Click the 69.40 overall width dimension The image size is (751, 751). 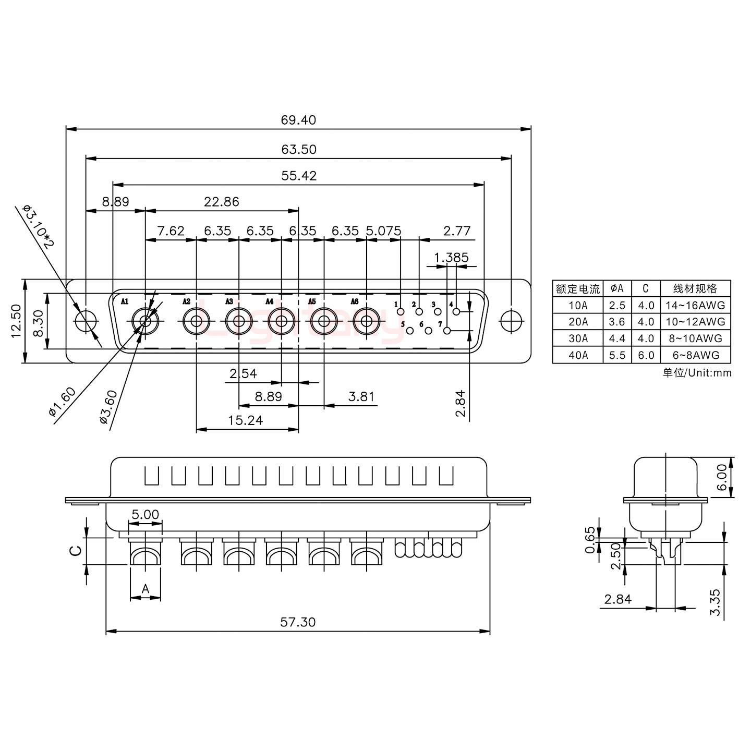pyautogui.click(x=298, y=120)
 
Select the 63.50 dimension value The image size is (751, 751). pyautogui.click(x=298, y=149)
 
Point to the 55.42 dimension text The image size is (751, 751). pyautogui.click(x=298, y=176)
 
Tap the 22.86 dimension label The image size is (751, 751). pyautogui.click(x=221, y=202)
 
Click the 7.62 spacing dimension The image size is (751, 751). pyautogui.click(x=171, y=231)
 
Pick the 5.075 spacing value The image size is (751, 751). pyautogui.click(x=384, y=231)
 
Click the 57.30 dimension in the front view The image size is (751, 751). pyautogui.click(x=298, y=622)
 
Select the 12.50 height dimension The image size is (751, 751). pyautogui.click(x=16, y=321)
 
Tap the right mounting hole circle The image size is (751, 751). pyautogui.click(x=511, y=321)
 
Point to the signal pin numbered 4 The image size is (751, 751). pyautogui.click(x=457, y=312)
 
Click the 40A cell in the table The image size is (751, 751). pyautogui.click(x=578, y=355)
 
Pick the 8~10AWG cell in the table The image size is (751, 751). pyautogui.click(x=695, y=338)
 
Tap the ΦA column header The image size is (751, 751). pyautogui.click(x=616, y=288)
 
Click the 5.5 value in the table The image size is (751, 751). pyautogui.click(x=616, y=355)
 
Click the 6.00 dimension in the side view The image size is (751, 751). pyautogui.click(x=721, y=478)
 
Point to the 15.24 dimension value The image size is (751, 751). pyautogui.click(x=245, y=420)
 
